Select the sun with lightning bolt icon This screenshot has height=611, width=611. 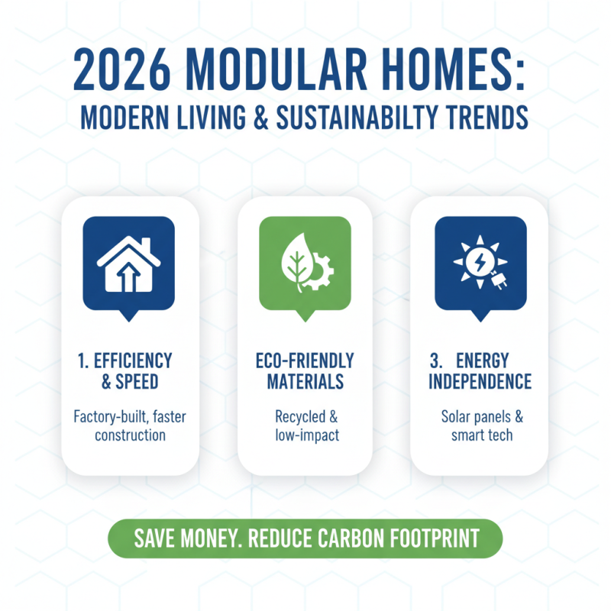click(475, 260)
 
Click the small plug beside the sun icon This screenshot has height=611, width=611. click(501, 280)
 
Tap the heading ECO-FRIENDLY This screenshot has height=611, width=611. click(305, 360)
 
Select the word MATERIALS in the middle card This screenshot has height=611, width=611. click(305, 380)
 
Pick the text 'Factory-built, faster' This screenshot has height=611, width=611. click(129, 417)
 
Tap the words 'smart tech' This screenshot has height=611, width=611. click(481, 435)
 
